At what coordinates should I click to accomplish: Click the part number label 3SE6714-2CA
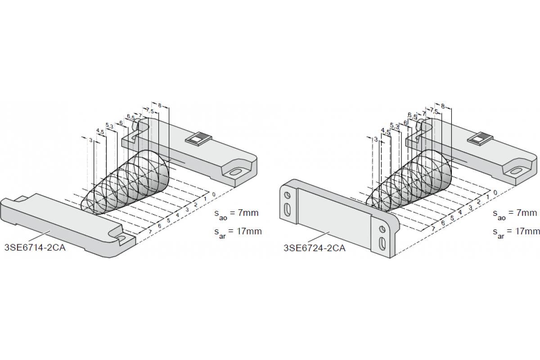point(35,247)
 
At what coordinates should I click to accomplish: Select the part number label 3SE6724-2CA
point(315,247)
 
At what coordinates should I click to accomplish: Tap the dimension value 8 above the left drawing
point(159,105)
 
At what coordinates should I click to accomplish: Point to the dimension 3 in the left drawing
point(91,140)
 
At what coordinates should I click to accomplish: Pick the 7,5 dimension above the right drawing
point(434,110)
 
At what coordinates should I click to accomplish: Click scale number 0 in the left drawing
point(214,194)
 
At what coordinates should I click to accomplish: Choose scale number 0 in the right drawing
point(495,193)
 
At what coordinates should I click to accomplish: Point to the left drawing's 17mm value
point(249,231)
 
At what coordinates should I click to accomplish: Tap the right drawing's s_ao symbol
point(498,214)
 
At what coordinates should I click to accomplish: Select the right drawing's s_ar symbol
point(498,233)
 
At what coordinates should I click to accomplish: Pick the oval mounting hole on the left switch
point(236,172)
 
